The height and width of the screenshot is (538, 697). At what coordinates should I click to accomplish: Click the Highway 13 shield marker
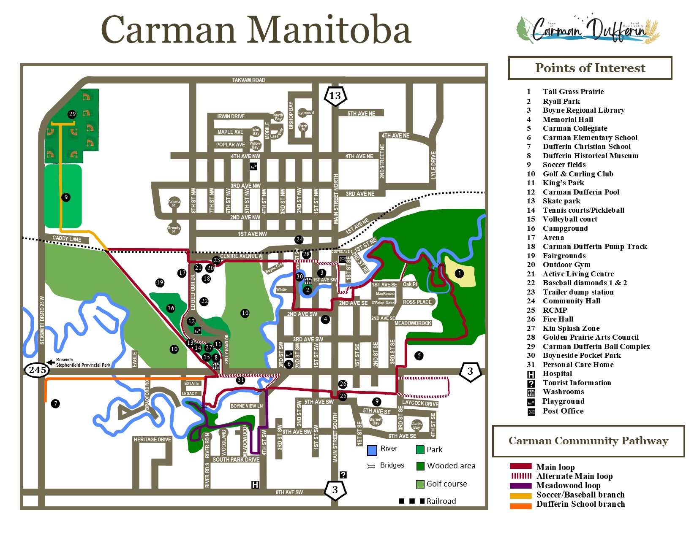point(335,96)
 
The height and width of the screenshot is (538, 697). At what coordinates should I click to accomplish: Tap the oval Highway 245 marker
point(37,370)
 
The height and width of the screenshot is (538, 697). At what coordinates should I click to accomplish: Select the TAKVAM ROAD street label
point(248,80)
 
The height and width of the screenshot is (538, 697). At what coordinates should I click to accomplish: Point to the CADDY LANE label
point(67,239)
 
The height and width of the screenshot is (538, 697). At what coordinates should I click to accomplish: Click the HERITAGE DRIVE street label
point(152,440)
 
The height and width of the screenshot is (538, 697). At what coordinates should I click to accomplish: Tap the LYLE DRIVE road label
point(433,165)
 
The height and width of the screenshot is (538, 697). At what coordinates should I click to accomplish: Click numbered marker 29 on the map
point(72,114)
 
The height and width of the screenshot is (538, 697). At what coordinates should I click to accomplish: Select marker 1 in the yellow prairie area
point(460,273)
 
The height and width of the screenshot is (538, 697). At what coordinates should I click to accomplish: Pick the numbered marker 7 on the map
point(55,404)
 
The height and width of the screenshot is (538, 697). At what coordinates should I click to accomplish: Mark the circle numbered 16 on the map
point(171,308)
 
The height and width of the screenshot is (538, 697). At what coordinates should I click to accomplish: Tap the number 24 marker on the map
point(299,240)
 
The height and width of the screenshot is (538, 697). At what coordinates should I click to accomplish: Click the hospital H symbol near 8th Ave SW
point(255,484)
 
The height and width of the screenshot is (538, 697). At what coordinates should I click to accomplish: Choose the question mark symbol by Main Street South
point(343,475)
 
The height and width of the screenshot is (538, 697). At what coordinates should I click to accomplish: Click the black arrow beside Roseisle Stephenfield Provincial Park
point(50,362)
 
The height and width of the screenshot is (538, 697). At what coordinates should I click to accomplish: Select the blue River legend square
point(372,450)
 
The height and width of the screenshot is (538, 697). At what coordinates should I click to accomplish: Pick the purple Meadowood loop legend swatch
point(520,485)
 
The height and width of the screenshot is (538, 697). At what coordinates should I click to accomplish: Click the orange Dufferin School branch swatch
point(520,505)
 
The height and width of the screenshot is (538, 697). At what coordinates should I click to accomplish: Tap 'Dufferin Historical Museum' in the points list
point(590,156)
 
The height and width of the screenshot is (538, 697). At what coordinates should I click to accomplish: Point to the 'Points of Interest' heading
point(590,68)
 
